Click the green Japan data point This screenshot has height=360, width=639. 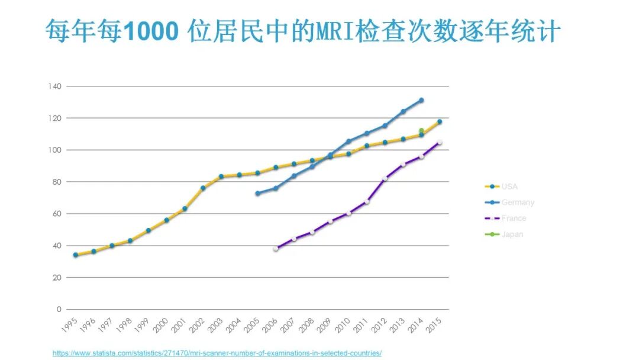[421, 131]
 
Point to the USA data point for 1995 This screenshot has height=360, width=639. [76, 255]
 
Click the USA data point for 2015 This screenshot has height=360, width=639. [440, 122]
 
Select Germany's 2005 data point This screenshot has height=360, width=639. [257, 194]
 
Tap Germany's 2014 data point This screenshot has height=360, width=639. [421, 100]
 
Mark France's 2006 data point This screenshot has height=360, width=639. [276, 249]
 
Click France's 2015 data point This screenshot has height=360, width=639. [440, 142]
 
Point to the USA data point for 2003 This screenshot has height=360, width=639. [221, 176]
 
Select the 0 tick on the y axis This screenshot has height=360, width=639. [59, 309]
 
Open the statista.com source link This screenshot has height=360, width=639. [217, 353]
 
